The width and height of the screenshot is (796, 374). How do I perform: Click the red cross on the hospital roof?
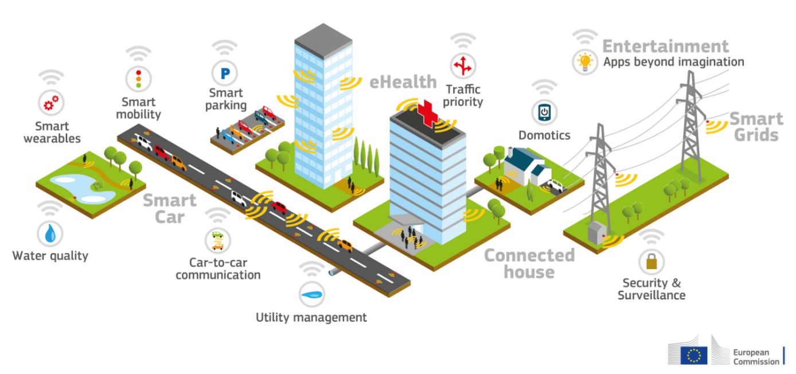[x=427, y=113]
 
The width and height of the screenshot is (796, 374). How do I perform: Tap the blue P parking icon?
[x=225, y=73]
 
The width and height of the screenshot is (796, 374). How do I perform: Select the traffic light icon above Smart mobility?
[x=139, y=79]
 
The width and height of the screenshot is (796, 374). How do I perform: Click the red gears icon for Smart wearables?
[x=51, y=103]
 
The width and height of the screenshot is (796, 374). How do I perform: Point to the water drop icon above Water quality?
[x=50, y=233]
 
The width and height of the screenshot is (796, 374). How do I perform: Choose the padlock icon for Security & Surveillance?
[x=651, y=262]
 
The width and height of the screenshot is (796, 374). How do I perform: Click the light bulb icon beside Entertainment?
[x=585, y=62]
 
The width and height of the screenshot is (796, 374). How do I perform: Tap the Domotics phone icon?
[x=544, y=112]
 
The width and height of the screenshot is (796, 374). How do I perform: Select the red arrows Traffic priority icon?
[x=463, y=66]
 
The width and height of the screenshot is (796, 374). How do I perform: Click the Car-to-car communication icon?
[x=218, y=240]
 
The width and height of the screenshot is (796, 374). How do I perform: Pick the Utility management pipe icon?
[x=311, y=294]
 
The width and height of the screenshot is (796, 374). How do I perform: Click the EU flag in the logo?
[x=694, y=356]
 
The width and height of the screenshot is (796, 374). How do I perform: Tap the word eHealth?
[x=403, y=82]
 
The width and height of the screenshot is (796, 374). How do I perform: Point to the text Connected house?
[x=529, y=263]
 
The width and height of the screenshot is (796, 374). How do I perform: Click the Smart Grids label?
[x=756, y=127]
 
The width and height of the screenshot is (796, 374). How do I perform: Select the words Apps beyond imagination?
[x=674, y=62]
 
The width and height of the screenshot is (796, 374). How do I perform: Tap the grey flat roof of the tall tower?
[x=323, y=41]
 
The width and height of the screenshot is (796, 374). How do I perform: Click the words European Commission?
[x=756, y=357]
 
